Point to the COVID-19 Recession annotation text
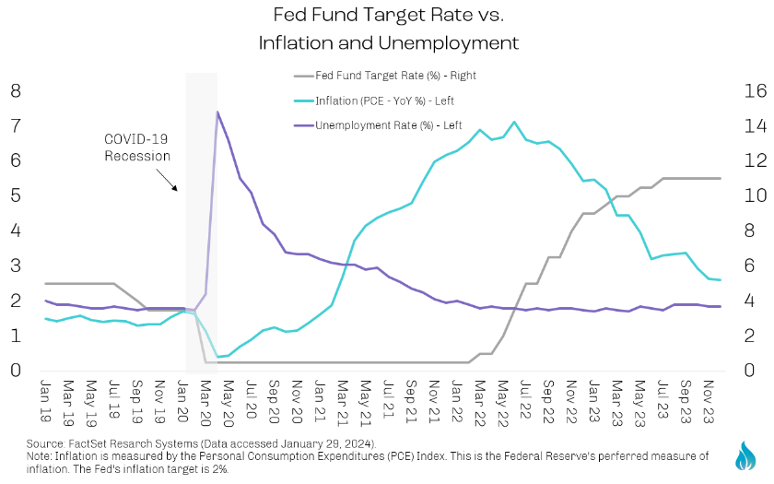tap(137, 148)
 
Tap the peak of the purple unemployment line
tap(217, 112)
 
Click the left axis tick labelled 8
tap(16, 90)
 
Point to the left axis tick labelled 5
tap(16, 195)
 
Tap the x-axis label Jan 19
tap(46, 395)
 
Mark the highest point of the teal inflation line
tap(514, 122)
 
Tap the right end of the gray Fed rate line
tap(719, 178)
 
